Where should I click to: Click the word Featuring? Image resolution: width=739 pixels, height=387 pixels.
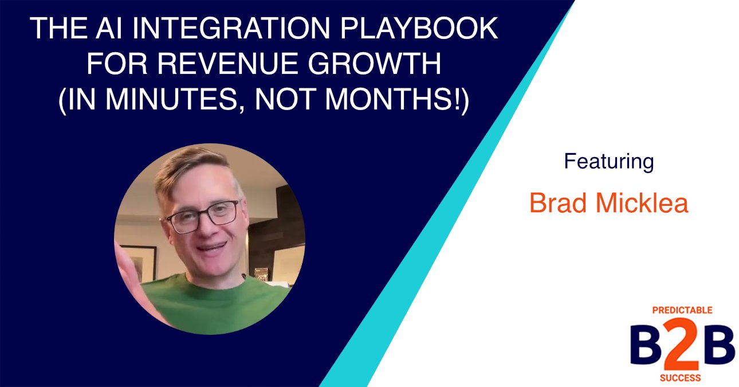pyautogui.click(x=608, y=162)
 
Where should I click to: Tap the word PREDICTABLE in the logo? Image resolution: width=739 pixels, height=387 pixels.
pyautogui.click(x=682, y=310)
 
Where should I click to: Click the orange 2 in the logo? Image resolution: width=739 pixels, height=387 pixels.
pyautogui.click(x=683, y=346)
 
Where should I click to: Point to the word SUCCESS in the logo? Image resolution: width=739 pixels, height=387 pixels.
pyautogui.click(x=682, y=378)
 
